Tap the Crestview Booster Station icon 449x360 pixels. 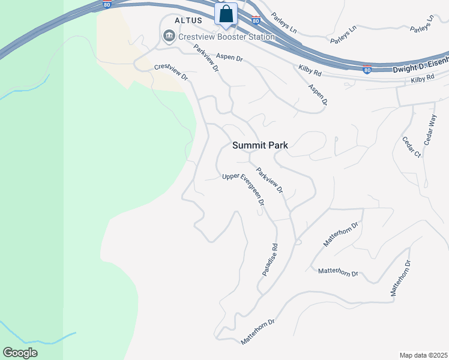(169, 37)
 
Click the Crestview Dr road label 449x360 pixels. (171, 73)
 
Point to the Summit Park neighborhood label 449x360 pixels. (261, 145)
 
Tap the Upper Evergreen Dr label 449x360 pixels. (244, 190)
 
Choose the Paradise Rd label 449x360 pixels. (270, 259)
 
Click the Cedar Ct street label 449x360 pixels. (412, 147)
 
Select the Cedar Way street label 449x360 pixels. (429, 131)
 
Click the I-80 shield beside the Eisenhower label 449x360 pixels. (367, 70)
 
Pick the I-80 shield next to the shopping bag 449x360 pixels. (256, 21)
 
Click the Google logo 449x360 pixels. (20, 353)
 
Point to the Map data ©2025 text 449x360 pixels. (423, 355)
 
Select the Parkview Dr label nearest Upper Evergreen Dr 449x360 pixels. (270, 181)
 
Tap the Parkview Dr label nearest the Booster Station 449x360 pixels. (205, 58)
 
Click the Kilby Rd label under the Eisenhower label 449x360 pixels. (422, 79)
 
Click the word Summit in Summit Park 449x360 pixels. (249, 145)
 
